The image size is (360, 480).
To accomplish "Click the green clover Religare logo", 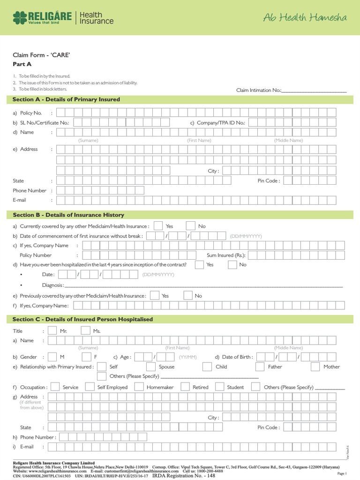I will [20, 18].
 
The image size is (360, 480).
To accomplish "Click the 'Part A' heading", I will [19, 64].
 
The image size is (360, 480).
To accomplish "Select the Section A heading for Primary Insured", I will [66, 99].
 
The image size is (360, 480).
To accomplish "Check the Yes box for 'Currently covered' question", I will [158, 226].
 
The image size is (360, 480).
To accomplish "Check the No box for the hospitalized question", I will [232, 264].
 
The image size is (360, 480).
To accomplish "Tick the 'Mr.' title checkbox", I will [52, 330].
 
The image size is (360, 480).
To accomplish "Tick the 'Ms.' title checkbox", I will [85, 330].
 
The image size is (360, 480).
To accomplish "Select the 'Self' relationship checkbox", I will [101, 367].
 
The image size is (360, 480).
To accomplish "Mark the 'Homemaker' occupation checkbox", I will [139, 387].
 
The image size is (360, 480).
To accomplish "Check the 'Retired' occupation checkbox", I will [185, 387].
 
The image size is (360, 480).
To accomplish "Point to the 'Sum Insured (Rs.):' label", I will [226, 255].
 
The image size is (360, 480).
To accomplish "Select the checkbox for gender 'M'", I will [52, 357].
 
